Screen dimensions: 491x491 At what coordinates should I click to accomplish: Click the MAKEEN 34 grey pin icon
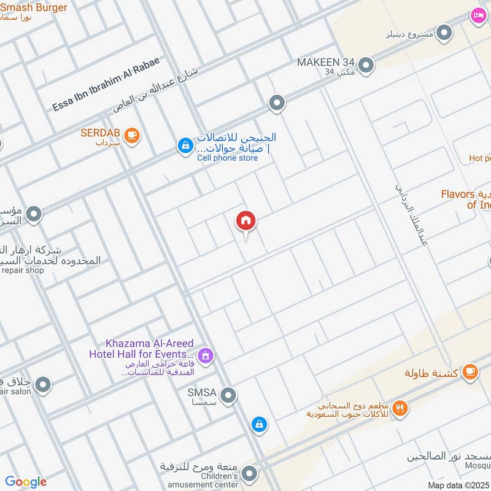(366, 65)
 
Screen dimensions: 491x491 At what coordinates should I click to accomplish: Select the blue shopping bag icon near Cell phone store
(184, 145)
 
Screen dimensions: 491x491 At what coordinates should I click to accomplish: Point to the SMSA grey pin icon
(228, 396)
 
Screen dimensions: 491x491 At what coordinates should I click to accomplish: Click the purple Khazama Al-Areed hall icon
(206, 355)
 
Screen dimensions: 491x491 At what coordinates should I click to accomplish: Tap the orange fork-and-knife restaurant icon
(400, 408)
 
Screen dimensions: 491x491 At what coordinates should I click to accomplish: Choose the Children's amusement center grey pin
(249, 473)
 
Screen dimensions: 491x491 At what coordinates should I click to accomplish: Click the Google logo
(26, 482)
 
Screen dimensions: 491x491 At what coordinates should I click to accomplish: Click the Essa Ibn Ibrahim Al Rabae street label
(106, 84)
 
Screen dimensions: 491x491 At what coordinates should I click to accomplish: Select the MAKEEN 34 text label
(327, 63)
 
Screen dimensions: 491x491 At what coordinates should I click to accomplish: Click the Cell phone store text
(227, 158)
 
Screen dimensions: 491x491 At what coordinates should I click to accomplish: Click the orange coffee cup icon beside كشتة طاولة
(470, 371)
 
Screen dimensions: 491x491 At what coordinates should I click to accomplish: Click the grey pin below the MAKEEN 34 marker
(277, 102)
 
